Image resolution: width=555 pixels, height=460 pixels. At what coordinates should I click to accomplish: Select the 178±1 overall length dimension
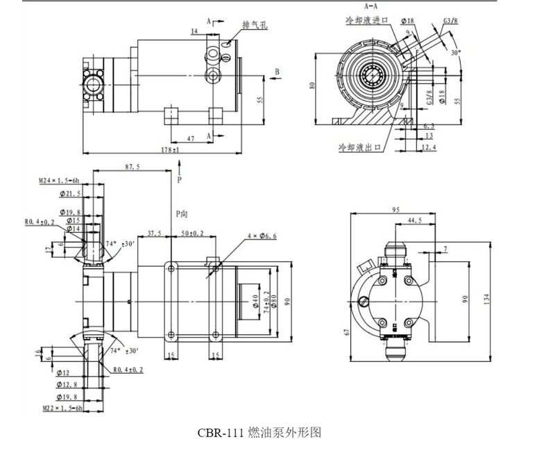[x=169, y=149]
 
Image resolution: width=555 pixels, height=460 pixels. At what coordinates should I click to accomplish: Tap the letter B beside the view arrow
[x=277, y=72]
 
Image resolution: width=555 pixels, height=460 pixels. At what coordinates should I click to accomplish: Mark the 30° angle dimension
[x=455, y=52]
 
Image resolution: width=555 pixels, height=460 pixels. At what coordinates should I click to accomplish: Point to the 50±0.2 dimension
[x=192, y=233]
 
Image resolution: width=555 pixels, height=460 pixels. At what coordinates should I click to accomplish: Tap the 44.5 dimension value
[x=415, y=220]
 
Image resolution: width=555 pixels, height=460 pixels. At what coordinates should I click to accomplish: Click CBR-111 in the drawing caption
[x=221, y=432]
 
